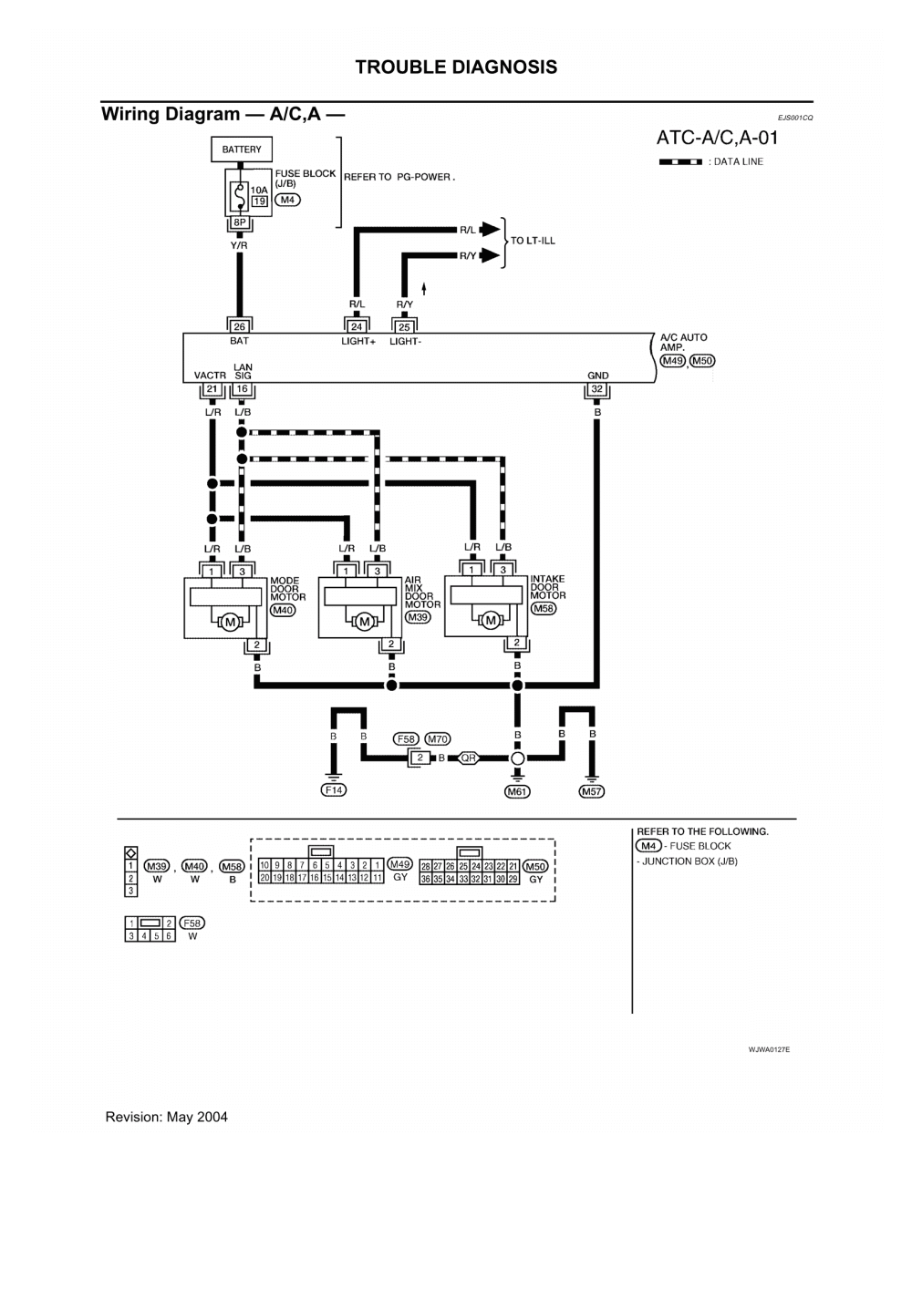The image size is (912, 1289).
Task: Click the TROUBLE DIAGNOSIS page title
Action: click(456, 67)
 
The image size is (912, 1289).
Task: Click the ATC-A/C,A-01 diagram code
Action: click(717, 139)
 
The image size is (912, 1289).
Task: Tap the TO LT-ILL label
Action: click(533, 242)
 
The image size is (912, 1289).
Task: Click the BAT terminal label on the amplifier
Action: click(240, 340)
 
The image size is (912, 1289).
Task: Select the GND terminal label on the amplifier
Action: click(597, 376)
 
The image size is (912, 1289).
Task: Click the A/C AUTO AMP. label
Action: click(683, 343)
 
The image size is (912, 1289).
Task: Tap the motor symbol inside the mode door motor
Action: click(229, 621)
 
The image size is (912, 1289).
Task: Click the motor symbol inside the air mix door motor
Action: click(364, 621)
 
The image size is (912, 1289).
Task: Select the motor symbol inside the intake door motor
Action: click(492, 621)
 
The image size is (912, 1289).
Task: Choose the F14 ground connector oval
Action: click(335, 790)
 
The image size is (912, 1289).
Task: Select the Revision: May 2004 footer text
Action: click(167, 1117)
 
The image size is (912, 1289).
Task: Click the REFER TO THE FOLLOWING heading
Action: click(702, 832)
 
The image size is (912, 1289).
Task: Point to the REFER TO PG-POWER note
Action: click(399, 178)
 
